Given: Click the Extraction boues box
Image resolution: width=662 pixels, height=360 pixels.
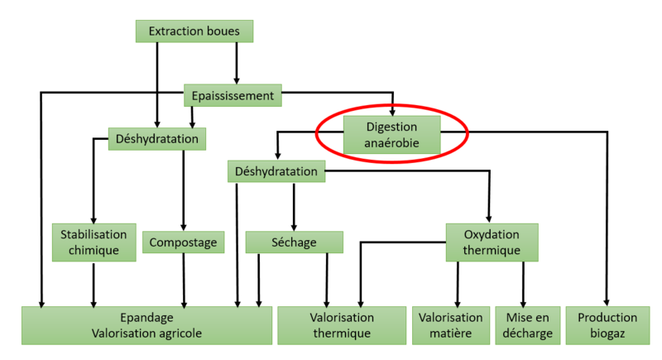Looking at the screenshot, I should point(194,31).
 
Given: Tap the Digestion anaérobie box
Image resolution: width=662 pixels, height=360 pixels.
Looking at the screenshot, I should point(392,135).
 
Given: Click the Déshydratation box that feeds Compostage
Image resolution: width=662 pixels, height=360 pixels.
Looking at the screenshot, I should point(157,139).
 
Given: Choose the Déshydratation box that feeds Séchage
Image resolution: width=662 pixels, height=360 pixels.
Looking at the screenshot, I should point(276,171).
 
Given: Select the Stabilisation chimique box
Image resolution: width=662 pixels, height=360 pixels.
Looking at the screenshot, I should point(94,241).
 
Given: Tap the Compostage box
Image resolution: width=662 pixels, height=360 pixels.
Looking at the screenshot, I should point(184,242).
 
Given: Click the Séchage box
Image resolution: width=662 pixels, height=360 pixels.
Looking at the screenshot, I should point(294,242).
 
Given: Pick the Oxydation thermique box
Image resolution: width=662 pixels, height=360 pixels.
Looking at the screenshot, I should point(492,242).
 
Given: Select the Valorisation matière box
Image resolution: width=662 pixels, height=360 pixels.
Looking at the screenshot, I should point(450,325).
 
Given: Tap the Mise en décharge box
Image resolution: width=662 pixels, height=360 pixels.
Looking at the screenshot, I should point(523,325).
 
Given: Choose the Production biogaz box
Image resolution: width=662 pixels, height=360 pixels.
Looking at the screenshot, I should point(607,325).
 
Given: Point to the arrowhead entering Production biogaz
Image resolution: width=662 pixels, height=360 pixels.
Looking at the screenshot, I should point(607,301).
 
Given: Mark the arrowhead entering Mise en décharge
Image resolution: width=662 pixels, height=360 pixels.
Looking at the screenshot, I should point(523,301).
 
